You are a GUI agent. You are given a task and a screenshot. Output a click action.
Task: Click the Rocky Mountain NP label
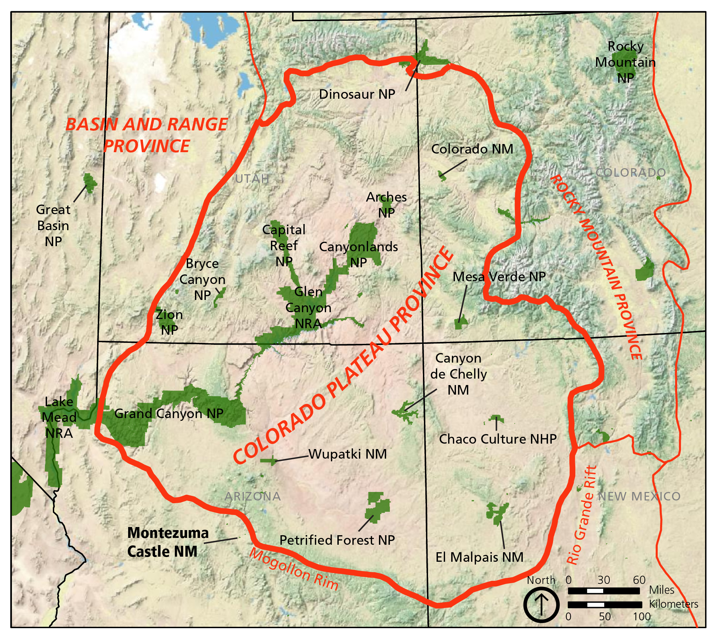(x=625, y=62)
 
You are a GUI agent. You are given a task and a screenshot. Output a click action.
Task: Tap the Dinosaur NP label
(x=356, y=94)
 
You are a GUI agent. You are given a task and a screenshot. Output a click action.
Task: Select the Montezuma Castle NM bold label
(x=167, y=542)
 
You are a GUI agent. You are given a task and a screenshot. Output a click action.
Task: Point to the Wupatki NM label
(x=347, y=454)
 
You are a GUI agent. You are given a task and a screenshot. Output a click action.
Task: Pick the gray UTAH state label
(x=252, y=179)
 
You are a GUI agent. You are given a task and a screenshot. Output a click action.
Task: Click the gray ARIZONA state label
(x=253, y=496)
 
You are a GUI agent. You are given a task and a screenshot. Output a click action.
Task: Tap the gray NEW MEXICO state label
(x=639, y=496)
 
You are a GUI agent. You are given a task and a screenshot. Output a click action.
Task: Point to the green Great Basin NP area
(x=90, y=182)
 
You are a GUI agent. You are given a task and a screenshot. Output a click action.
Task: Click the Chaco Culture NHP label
(x=498, y=439)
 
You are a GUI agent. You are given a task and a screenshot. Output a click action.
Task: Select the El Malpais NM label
(x=479, y=557)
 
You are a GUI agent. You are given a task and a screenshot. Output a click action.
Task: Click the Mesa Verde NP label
(x=499, y=277)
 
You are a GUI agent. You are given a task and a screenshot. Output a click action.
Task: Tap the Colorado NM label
(x=472, y=149)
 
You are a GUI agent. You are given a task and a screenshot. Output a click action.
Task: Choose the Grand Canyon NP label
(x=169, y=414)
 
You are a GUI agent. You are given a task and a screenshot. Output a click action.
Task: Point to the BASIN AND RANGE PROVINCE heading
(x=147, y=135)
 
